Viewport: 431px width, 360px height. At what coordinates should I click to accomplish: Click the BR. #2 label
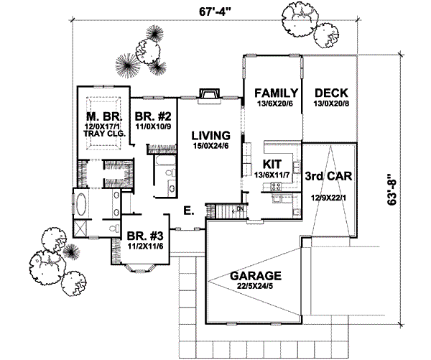click(152, 116)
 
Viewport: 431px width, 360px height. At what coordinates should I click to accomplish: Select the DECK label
click(331, 93)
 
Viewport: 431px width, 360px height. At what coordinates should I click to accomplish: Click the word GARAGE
click(255, 275)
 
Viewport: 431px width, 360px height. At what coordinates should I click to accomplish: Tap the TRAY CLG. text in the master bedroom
click(106, 134)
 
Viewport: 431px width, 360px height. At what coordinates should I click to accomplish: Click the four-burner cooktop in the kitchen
click(274, 188)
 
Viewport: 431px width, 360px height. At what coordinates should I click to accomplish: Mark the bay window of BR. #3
click(138, 268)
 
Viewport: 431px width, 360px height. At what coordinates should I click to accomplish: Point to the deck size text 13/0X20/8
click(331, 104)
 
